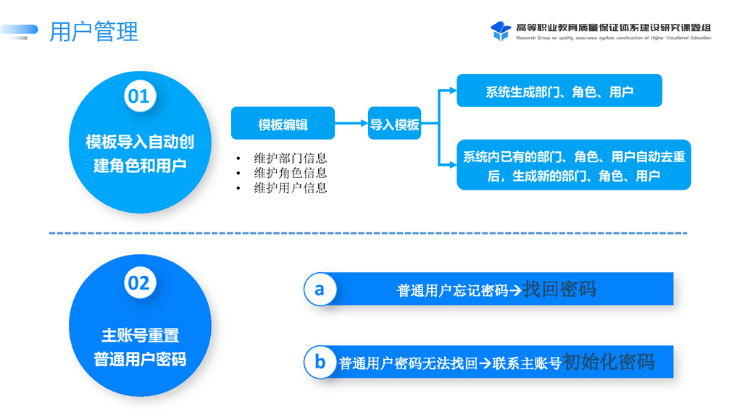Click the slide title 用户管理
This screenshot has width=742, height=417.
93,32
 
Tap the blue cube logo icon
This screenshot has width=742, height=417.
501,30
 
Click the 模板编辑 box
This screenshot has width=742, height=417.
283,124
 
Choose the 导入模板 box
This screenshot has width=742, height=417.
394,124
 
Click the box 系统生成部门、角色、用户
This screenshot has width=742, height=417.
559,91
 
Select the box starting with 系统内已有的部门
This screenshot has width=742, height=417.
573,166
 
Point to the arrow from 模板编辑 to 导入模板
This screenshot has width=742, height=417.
351,124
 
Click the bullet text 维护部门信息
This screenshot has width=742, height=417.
291,158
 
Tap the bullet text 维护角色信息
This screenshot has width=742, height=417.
291,173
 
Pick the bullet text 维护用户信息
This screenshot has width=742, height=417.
291,188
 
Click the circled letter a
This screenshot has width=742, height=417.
320,290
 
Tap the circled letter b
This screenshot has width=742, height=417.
320,361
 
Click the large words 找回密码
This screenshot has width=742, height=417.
559,290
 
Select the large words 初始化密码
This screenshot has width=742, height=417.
609,361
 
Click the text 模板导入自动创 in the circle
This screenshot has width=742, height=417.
140,142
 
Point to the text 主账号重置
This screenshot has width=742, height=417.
140,335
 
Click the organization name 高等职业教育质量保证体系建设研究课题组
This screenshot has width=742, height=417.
613,28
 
